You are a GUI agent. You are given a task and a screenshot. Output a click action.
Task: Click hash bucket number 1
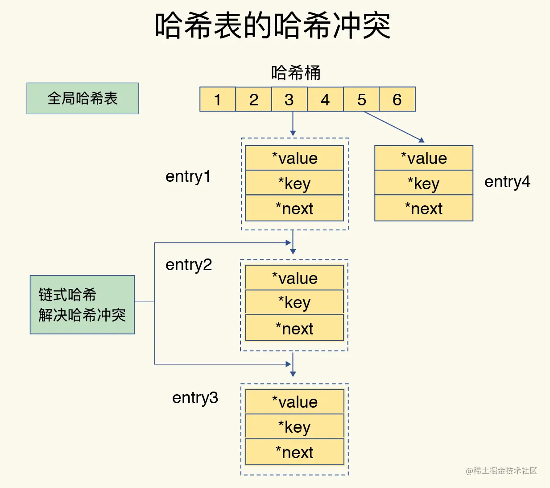coord(218,99)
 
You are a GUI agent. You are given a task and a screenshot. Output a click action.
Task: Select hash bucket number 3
coord(289,99)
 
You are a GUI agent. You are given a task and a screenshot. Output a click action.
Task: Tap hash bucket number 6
coord(397,99)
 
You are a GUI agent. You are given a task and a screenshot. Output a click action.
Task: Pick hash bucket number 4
coord(325,99)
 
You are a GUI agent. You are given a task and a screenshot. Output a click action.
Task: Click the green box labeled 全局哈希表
coord(83,98)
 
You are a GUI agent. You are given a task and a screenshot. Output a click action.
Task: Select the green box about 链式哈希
coord(82,304)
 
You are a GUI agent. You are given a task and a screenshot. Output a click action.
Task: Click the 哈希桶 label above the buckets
coord(296,73)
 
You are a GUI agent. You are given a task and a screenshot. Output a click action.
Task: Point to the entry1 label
coord(188,176)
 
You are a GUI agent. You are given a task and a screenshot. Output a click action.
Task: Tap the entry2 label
coord(189,265)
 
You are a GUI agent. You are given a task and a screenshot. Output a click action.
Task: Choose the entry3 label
coord(195,397)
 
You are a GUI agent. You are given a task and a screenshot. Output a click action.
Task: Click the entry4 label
coord(507,182)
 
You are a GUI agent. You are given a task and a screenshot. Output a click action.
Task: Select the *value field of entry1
coord(294,158)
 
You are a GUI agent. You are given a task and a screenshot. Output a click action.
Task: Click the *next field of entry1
coord(294,209)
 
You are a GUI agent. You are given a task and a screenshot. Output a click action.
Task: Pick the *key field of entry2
coord(294,302)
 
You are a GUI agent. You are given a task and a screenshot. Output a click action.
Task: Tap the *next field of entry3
coord(294,452)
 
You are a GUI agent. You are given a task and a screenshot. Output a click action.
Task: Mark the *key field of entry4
coord(424,183)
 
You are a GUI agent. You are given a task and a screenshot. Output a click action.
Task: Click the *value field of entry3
coord(294,402)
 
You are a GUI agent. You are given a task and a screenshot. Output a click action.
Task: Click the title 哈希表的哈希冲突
coord(273,25)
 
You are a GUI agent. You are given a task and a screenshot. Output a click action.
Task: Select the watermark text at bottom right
coord(501,471)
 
